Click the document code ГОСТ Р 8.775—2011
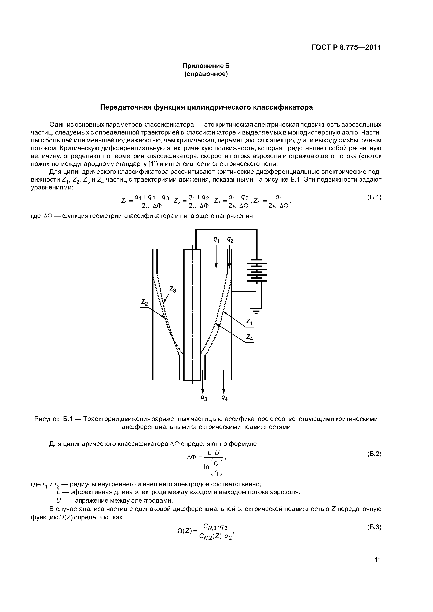[x=346, y=47]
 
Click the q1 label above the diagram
[x=216, y=240]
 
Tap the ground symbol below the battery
[x=256, y=310]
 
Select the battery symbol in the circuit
[x=257, y=270]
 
